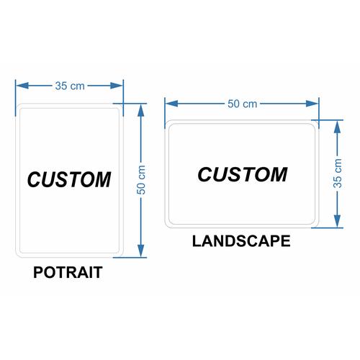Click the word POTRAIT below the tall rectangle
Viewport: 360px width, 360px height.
tap(68, 272)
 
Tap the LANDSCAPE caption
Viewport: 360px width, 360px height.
tap(241, 241)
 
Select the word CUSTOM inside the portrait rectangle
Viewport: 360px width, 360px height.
tap(69, 179)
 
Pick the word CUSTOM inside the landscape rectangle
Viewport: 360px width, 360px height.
tap(243, 174)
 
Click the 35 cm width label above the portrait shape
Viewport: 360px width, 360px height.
tap(70, 86)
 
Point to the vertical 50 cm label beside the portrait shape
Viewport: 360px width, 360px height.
tap(141, 180)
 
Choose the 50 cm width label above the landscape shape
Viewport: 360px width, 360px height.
tap(243, 104)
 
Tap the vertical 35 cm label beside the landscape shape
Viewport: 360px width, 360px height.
tap(338, 174)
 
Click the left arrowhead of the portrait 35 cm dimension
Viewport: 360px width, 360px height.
tap(22, 86)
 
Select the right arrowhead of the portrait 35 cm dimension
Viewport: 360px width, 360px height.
tap(117, 86)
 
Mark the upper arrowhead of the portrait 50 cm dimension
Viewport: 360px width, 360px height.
tap(141, 110)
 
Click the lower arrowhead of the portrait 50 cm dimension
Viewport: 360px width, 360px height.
tap(141, 251)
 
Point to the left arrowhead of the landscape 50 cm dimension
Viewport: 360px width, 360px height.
tap(171, 104)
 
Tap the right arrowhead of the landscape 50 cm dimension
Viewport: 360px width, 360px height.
tap(312, 104)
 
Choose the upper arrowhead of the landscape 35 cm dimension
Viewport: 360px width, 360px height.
tap(338, 127)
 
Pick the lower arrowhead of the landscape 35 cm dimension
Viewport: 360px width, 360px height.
tap(338, 221)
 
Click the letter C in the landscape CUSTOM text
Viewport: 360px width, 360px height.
tap(204, 174)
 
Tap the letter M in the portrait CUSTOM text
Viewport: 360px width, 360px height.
tap(103, 179)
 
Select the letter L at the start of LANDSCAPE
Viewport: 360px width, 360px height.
tap(197, 241)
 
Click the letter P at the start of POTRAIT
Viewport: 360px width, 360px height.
tap(38, 272)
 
